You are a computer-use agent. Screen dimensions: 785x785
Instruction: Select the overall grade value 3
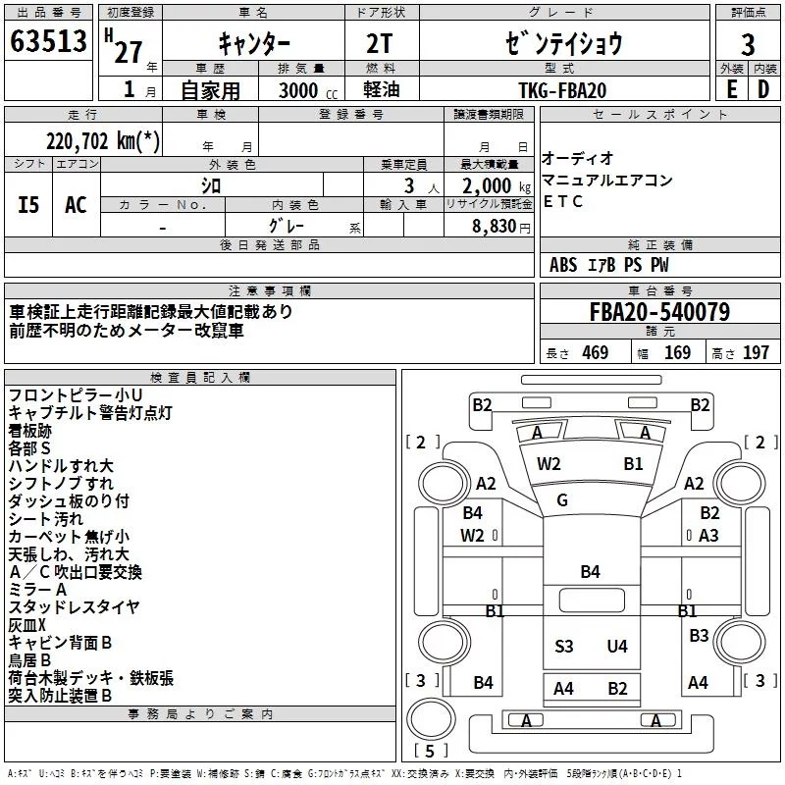(748, 44)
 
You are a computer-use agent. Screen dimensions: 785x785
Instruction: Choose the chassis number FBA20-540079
(658, 313)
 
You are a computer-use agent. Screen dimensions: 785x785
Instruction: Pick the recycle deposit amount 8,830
(490, 226)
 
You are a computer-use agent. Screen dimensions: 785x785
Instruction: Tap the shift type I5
(28, 204)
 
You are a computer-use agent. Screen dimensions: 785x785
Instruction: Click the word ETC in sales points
(562, 202)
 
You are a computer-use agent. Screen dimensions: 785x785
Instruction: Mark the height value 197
(756, 353)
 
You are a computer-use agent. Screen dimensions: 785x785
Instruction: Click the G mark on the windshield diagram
(562, 500)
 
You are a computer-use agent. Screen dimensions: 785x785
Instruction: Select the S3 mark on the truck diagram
(563, 646)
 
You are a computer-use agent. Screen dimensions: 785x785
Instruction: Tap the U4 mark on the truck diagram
(616, 646)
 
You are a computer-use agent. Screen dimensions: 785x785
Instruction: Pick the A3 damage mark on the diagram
(708, 535)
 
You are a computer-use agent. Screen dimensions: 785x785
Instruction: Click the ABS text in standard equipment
(563, 265)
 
